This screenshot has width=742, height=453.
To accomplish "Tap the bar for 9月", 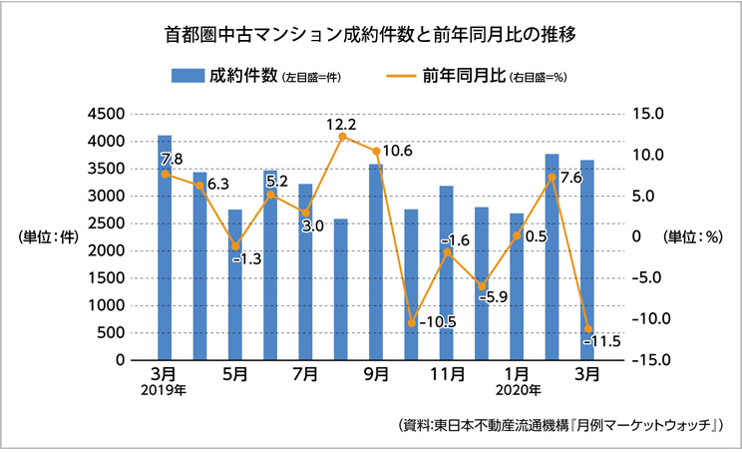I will [x=376, y=261].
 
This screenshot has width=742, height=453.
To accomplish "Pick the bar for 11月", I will [x=446, y=272].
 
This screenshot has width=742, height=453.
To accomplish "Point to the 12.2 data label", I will [x=341, y=126].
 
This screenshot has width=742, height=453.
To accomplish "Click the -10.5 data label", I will [x=437, y=322].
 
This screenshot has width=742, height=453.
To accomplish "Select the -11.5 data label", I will [x=602, y=341].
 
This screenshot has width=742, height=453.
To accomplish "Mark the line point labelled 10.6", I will [x=376, y=152].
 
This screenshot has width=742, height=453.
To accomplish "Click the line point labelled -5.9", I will [x=482, y=286].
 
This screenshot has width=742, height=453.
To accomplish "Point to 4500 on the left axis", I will [x=106, y=114].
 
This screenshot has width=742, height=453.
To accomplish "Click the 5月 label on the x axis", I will [x=235, y=376].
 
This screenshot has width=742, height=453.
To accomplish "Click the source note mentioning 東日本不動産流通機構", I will [x=558, y=424].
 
